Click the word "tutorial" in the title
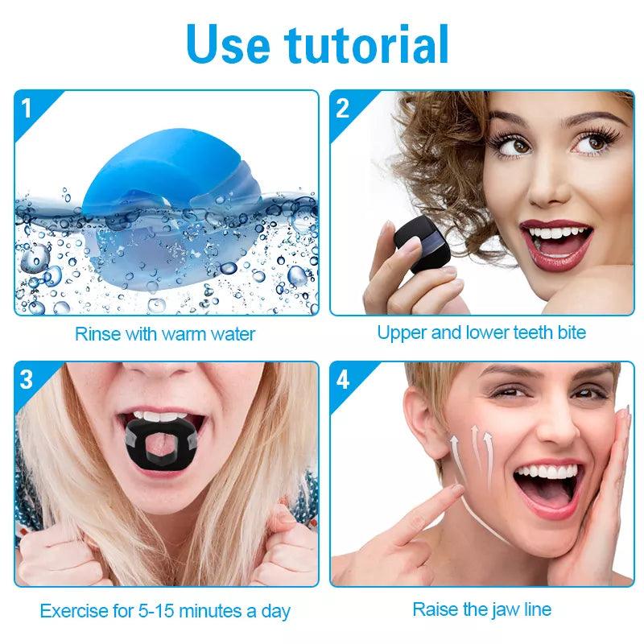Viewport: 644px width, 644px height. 366,44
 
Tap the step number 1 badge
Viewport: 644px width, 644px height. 27,109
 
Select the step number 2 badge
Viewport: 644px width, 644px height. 343,109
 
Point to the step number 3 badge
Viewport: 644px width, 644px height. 26,379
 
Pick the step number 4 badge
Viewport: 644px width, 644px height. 343,379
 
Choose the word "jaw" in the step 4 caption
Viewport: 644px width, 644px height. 499,610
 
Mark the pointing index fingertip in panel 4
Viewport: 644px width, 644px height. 456,489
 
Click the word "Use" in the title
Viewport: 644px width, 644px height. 229,44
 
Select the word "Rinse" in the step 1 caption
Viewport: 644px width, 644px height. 97,334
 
